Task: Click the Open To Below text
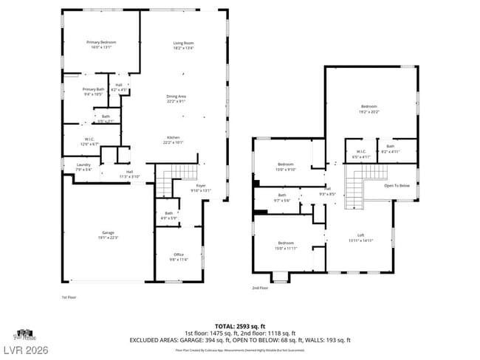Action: coord(397,185)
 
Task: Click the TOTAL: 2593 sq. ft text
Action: coord(240,325)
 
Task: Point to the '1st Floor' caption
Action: coord(69,297)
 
